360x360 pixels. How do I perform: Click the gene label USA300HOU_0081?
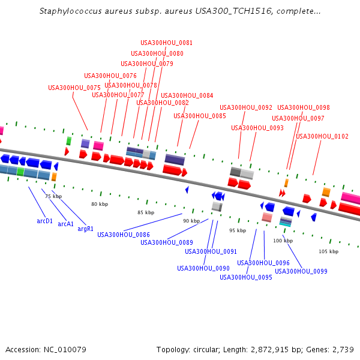[x=166, y=43]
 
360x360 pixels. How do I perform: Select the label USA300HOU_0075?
[x=74, y=88]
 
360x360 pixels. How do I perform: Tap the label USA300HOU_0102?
[x=322, y=136]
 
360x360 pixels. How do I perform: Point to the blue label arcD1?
[x=45, y=221]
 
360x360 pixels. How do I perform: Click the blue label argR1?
[x=86, y=229]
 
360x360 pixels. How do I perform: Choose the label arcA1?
[x=66, y=224]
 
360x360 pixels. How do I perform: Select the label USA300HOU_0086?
[x=124, y=235]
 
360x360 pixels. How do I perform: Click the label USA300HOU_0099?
[x=301, y=271]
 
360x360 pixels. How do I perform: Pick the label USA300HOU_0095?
[x=246, y=277]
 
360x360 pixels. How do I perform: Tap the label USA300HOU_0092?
[x=246, y=108]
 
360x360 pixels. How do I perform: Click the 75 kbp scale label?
[x=53, y=196]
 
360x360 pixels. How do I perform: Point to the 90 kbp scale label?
[x=191, y=221]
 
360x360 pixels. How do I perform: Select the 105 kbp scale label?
[x=328, y=251]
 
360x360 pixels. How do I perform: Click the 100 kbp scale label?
[x=283, y=241]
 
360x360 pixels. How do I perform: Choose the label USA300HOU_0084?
[x=187, y=96]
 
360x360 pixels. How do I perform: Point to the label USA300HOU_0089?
[x=167, y=242]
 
